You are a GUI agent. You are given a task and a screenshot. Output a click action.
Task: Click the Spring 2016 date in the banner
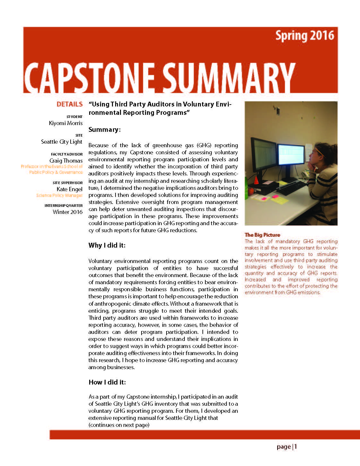tap(304, 36)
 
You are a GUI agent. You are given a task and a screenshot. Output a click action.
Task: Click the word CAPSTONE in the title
tap(90, 77)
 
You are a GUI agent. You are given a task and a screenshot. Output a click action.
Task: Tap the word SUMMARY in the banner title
tap(228, 77)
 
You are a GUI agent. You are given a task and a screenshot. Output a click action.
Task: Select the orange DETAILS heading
tap(70, 104)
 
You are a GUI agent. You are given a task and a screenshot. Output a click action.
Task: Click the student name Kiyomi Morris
tap(66, 123)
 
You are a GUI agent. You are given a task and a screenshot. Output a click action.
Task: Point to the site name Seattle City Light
tap(62, 142)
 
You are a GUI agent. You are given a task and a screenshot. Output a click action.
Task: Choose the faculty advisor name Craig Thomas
tap(66, 160)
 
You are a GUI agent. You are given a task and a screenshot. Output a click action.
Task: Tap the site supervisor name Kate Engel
tap(70, 189)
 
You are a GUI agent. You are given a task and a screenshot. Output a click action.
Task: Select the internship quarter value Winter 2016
tap(68, 212)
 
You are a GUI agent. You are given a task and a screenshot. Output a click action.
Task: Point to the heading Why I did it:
tap(107, 245)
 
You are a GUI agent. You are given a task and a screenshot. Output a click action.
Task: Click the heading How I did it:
tap(107, 382)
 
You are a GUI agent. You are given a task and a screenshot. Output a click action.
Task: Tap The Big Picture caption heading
tap(262, 235)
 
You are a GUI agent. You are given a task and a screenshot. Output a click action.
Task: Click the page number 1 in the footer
tap(296, 446)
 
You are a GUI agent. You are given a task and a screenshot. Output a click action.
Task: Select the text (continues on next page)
tap(119, 425)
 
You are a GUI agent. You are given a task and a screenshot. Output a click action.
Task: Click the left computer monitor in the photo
tap(264, 155)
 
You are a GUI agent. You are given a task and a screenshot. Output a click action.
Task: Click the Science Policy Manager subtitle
tap(59, 195)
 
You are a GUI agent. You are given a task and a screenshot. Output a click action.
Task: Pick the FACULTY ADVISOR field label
tap(67, 154)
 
